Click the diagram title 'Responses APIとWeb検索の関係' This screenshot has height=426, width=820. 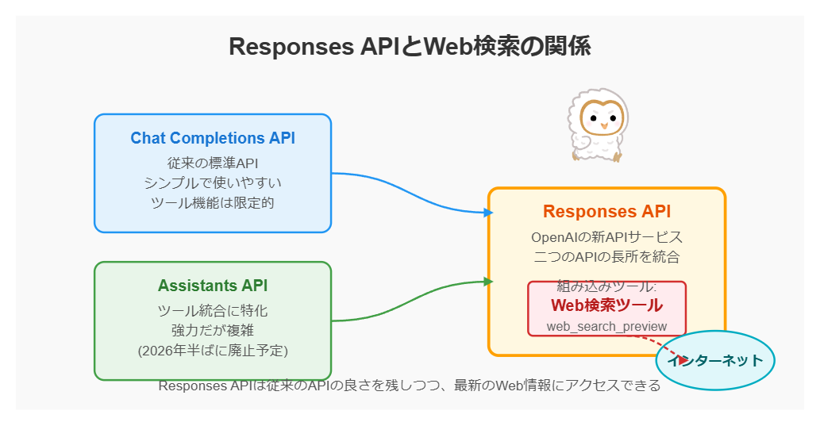click(410, 47)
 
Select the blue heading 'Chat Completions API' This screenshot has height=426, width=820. click(213, 138)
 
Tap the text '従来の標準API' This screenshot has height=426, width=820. click(213, 163)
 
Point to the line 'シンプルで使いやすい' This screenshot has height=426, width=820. click(213, 182)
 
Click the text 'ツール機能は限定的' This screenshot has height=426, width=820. click(213, 202)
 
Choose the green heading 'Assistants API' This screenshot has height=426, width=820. click(213, 286)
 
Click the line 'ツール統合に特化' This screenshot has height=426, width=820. click(213, 310)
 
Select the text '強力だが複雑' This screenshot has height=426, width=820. click(213, 330)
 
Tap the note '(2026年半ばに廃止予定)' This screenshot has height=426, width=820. click(213, 350)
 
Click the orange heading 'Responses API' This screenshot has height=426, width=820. click(606, 212)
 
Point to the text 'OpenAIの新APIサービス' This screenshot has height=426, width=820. click(606, 237)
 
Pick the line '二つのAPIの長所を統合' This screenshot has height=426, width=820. click(606, 257)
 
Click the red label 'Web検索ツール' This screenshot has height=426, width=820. click(606, 305)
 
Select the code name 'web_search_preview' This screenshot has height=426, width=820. click(606, 326)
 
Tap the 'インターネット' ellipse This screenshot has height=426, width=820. click(714, 361)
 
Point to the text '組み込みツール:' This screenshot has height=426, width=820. click(606, 286)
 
